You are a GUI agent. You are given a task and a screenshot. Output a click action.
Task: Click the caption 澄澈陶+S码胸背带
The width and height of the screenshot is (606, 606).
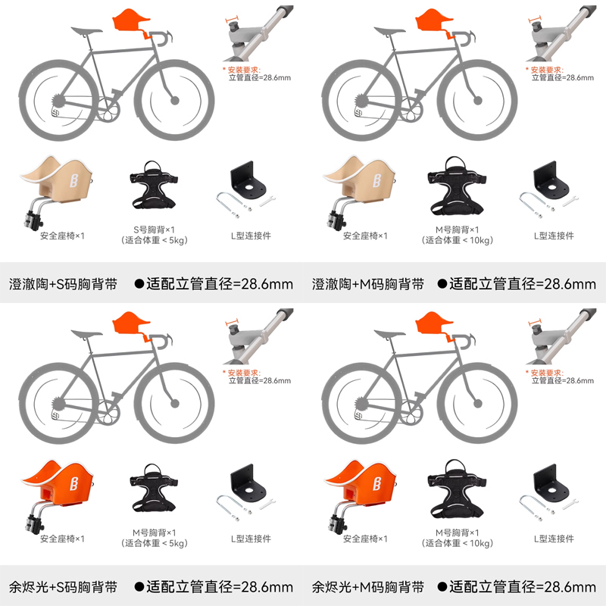(63, 285)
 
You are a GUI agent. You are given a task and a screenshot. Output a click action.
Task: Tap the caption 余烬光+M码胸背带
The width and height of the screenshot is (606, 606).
(368, 588)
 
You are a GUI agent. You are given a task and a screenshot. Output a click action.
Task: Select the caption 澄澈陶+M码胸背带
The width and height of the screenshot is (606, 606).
(368, 285)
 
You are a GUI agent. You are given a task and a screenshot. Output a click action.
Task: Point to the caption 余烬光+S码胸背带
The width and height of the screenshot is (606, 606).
(63, 588)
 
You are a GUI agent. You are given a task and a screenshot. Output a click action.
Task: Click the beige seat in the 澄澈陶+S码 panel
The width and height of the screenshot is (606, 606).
(58, 182)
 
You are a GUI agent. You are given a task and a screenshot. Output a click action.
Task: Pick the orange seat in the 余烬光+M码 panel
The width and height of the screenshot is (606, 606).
(361, 484)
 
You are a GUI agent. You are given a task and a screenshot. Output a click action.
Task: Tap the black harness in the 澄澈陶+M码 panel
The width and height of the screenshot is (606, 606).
(456, 186)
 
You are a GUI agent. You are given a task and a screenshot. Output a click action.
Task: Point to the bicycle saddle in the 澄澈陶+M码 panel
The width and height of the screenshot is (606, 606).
(389, 30)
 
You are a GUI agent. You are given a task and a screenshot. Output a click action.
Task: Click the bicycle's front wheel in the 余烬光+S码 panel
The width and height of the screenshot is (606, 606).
(174, 404)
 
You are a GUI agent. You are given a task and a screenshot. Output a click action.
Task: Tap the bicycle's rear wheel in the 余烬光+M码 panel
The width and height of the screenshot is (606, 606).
(362, 404)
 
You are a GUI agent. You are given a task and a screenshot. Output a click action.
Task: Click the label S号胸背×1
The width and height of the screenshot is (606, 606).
(155, 230)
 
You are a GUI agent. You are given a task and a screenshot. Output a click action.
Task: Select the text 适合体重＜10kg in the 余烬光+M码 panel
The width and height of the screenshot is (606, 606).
(458, 543)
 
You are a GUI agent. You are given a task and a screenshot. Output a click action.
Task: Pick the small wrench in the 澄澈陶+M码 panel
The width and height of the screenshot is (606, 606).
(570, 201)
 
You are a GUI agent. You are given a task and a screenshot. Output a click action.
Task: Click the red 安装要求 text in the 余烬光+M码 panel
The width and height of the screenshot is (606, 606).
(547, 373)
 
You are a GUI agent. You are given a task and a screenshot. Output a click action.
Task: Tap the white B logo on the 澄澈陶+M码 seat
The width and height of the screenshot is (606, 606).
(376, 180)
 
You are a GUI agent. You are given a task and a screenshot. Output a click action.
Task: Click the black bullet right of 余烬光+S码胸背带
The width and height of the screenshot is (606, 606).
(139, 587)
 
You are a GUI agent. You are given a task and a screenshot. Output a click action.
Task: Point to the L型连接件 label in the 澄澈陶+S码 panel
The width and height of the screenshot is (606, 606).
(251, 236)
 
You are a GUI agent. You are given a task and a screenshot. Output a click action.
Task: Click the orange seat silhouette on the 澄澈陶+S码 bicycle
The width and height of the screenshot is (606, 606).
(130, 21)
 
